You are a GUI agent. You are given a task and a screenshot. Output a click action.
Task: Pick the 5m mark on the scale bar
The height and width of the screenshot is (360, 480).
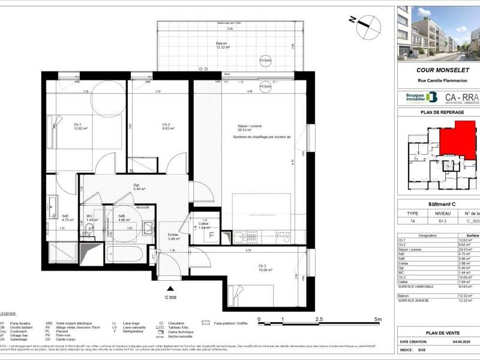coord(377,319)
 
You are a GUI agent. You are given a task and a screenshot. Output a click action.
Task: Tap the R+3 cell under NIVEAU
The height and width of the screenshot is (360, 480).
coord(438,221)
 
